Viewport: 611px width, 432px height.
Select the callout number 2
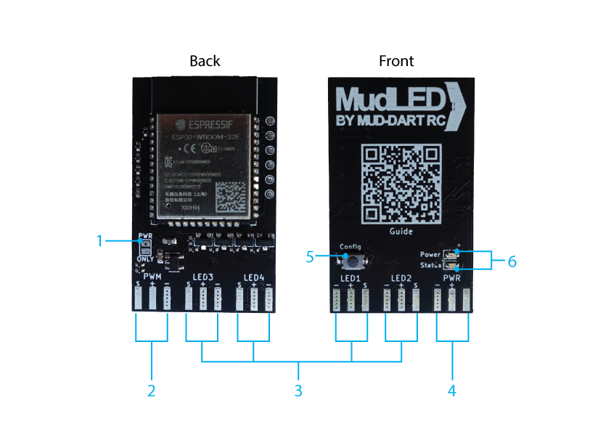point(152,390)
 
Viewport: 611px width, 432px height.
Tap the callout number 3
point(298,390)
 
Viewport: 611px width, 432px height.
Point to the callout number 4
point(452,390)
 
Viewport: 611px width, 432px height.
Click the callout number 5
point(311,256)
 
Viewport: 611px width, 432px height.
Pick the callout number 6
point(512,261)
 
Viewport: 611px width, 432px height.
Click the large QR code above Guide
point(401,184)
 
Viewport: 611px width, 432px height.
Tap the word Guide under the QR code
point(401,232)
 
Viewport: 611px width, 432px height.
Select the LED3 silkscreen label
point(203,277)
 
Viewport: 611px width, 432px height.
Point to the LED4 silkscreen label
point(254,277)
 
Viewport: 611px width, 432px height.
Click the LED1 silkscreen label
point(351,278)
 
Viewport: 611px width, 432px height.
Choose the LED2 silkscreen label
point(401,278)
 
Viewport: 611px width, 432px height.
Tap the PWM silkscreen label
point(152,277)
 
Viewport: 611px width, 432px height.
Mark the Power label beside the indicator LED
point(430,255)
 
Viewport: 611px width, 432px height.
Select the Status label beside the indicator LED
point(430,266)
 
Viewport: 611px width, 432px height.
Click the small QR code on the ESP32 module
point(231,194)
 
